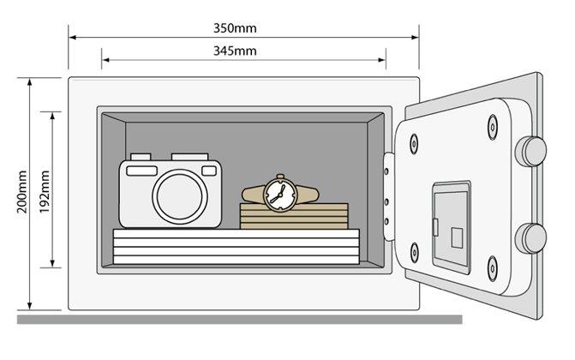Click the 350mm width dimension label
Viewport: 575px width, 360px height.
tap(235, 27)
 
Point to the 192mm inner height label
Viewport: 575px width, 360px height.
tap(45, 193)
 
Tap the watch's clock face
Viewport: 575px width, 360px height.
tap(278, 194)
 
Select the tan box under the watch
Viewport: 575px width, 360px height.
tap(294, 215)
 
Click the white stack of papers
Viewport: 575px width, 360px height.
tap(237, 249)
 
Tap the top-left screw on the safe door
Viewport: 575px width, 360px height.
tap(414, 141)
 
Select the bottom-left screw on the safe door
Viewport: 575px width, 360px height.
tap(415, 252)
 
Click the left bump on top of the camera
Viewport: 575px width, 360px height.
tap(135, 158)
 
